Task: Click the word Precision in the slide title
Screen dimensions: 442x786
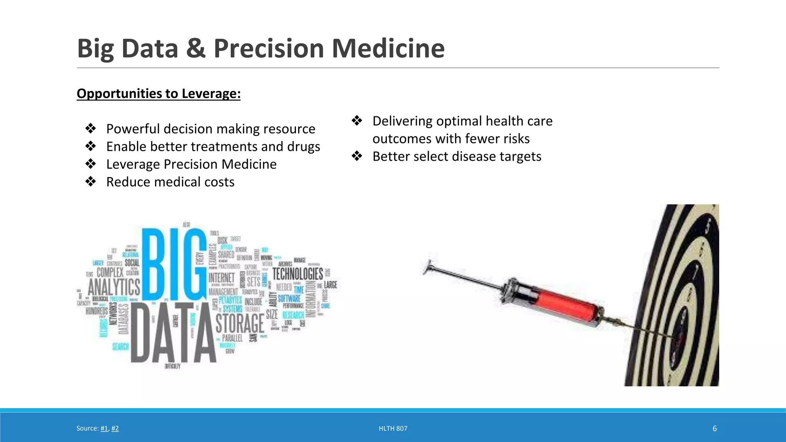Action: (269, 49)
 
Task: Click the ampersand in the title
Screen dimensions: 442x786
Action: (196, 49)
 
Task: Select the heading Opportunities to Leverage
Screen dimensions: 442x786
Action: (159, 94)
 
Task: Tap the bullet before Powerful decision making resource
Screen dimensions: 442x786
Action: (91, 129)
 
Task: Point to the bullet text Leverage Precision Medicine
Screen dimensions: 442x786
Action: (191, 164)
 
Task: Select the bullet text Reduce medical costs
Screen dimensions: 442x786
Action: (170, 182)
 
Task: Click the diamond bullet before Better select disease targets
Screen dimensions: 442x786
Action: (357, 156)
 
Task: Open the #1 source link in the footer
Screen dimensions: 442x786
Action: (104, 428)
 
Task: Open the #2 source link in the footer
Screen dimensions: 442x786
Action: (115, 428)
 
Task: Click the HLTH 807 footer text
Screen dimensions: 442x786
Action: (393, 428)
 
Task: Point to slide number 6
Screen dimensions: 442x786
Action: (714, 428)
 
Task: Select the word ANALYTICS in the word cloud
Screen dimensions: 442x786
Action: (114, 287)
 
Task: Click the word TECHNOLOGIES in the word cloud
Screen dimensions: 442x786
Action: (297, 274)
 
